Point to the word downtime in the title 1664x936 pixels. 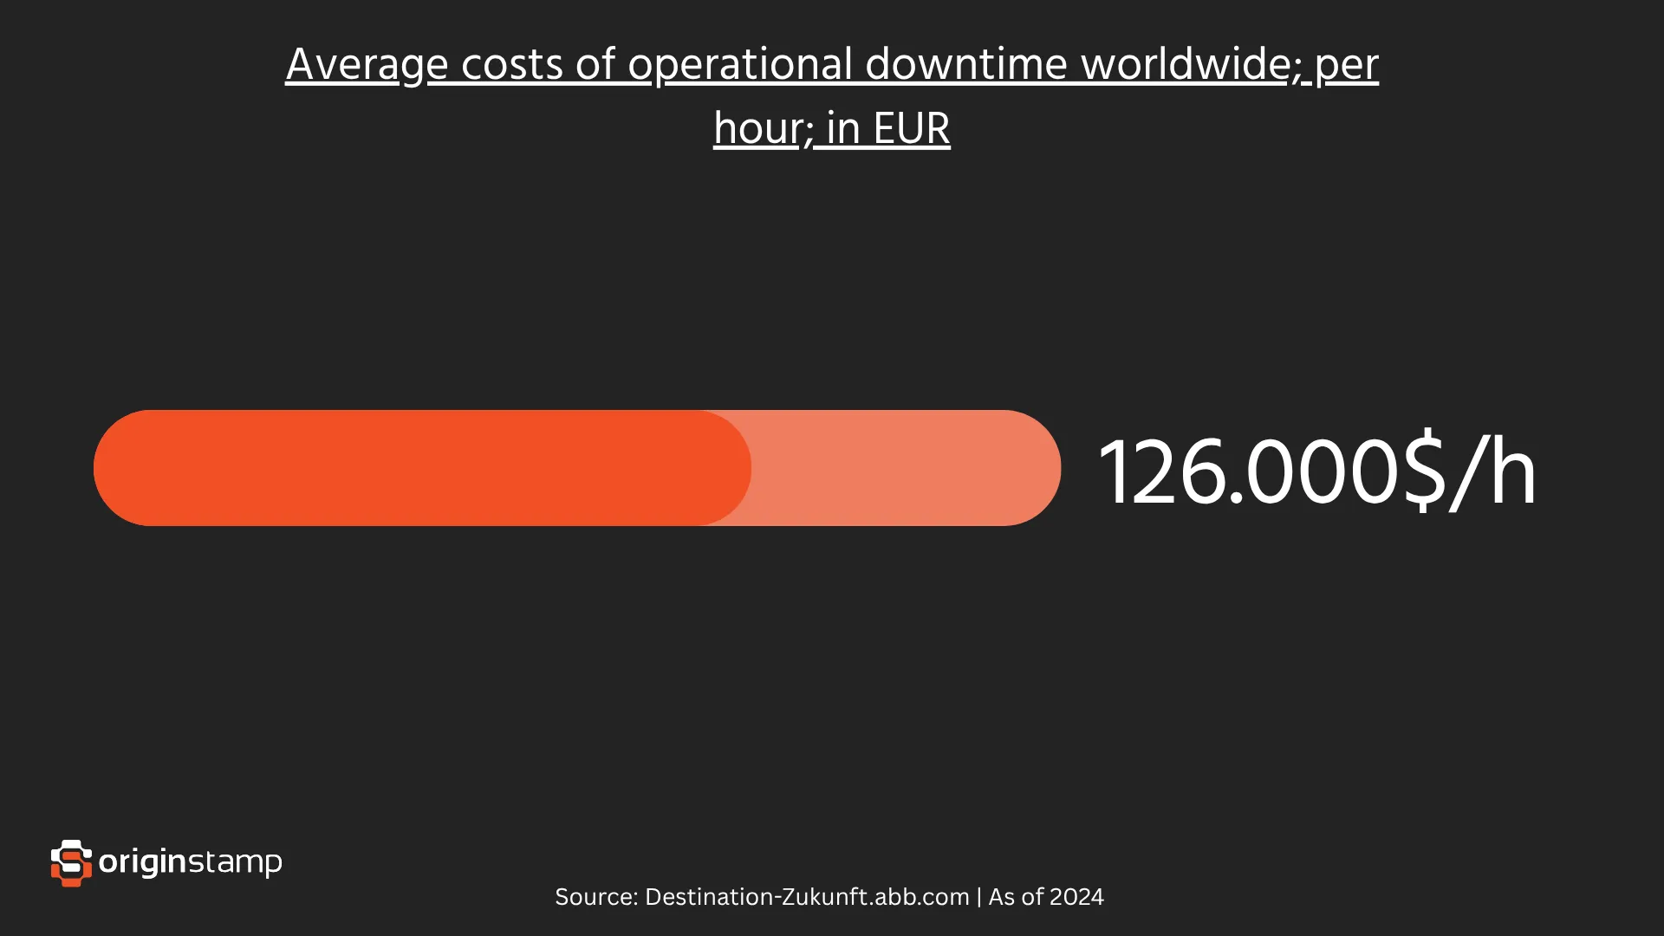[x=965, y=65]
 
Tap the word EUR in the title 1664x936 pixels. [x=912, y=129]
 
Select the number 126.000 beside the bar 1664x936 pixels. [x=1248, y=472]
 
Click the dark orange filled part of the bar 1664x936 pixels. [x=416, y=468]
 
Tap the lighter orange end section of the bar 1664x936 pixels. [x=910, y=468]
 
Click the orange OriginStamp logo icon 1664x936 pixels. [x=71, y=862]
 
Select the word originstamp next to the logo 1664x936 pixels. [x=191, y=862]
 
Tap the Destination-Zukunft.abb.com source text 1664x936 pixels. [x=807, y=897]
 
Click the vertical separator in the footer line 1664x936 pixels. [x=979, y=897]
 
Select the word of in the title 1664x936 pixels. [x=595, y=65]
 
